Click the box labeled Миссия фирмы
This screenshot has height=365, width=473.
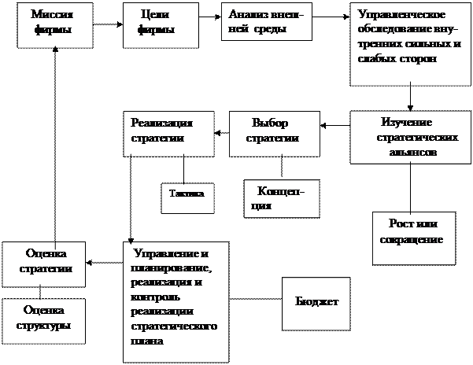pyautogui.click(x=56, y=22)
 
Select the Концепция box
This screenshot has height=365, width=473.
pyautogui.click(x=283, y=198)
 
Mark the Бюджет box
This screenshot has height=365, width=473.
pyautogui.click(x=316, y=302)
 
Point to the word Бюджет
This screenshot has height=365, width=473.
pyautogui.click(x=316, y=302)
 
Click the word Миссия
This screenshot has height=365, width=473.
pyautogui.click(x=46, y=15)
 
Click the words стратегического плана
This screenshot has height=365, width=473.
pyautogui.click(x=169, y=334)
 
